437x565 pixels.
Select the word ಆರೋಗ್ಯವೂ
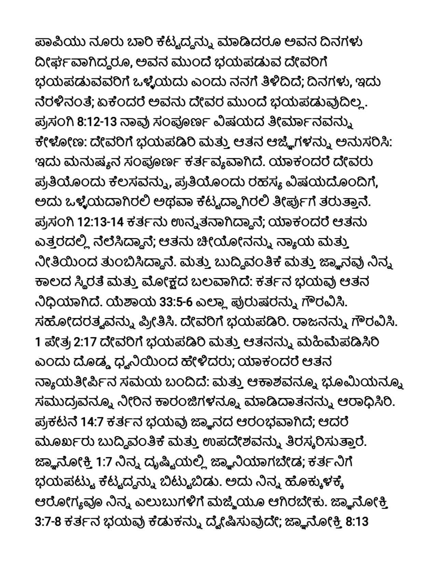(65, 503)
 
